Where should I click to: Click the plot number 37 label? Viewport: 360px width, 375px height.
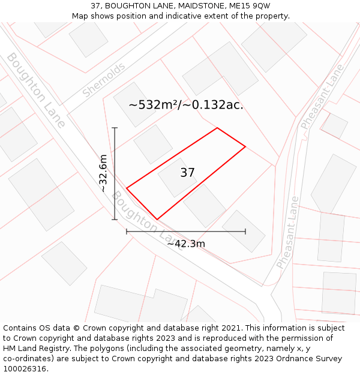pyautogui.click(x=187, y=173)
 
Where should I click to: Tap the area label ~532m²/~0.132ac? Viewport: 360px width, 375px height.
pyautogui.click(x=186, y=105)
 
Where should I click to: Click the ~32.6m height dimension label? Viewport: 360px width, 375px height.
pyautogui.click(x=103, y=173)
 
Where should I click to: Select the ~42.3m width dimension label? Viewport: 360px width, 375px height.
pyautogui.click(x=186, y=244)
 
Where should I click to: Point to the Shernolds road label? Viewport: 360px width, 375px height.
pyautogui.click(x=104, y=80)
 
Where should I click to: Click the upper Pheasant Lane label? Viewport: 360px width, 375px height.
pyautogui.click(x=322, y=97)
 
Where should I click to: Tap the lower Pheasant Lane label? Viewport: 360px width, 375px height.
pyautogui.click(x=288, y=233)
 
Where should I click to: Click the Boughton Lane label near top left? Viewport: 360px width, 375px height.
pyautogui.click(x=36, y=90)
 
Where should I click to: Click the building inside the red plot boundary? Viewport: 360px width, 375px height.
pyautogui.click(x=177, y=178)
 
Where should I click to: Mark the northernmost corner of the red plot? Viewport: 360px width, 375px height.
pyautogui.click(x=217, y=128)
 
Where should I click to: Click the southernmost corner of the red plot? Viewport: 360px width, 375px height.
pyautogui.click(x=157, y=220)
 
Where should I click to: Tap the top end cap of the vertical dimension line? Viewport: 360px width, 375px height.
pyautogui.click(x=115, y=128)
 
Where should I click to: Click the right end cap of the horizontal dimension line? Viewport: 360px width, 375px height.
pyautogui.click(x=245, y=232)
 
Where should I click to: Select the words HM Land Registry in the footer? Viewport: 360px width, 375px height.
pyautogui.click(x=34, y=349)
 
